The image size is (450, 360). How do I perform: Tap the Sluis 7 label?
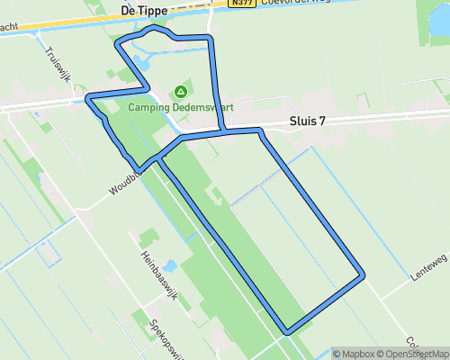(307, 121)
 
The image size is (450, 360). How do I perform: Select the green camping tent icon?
(181, 92)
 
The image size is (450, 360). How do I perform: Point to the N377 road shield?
(240, 4)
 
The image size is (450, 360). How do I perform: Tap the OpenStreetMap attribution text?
(411, 354)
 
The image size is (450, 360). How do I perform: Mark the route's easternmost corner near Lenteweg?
(363, 274)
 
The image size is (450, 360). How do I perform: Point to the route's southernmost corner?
(286, 331)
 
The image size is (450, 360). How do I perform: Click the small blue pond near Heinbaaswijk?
(171, 266)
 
